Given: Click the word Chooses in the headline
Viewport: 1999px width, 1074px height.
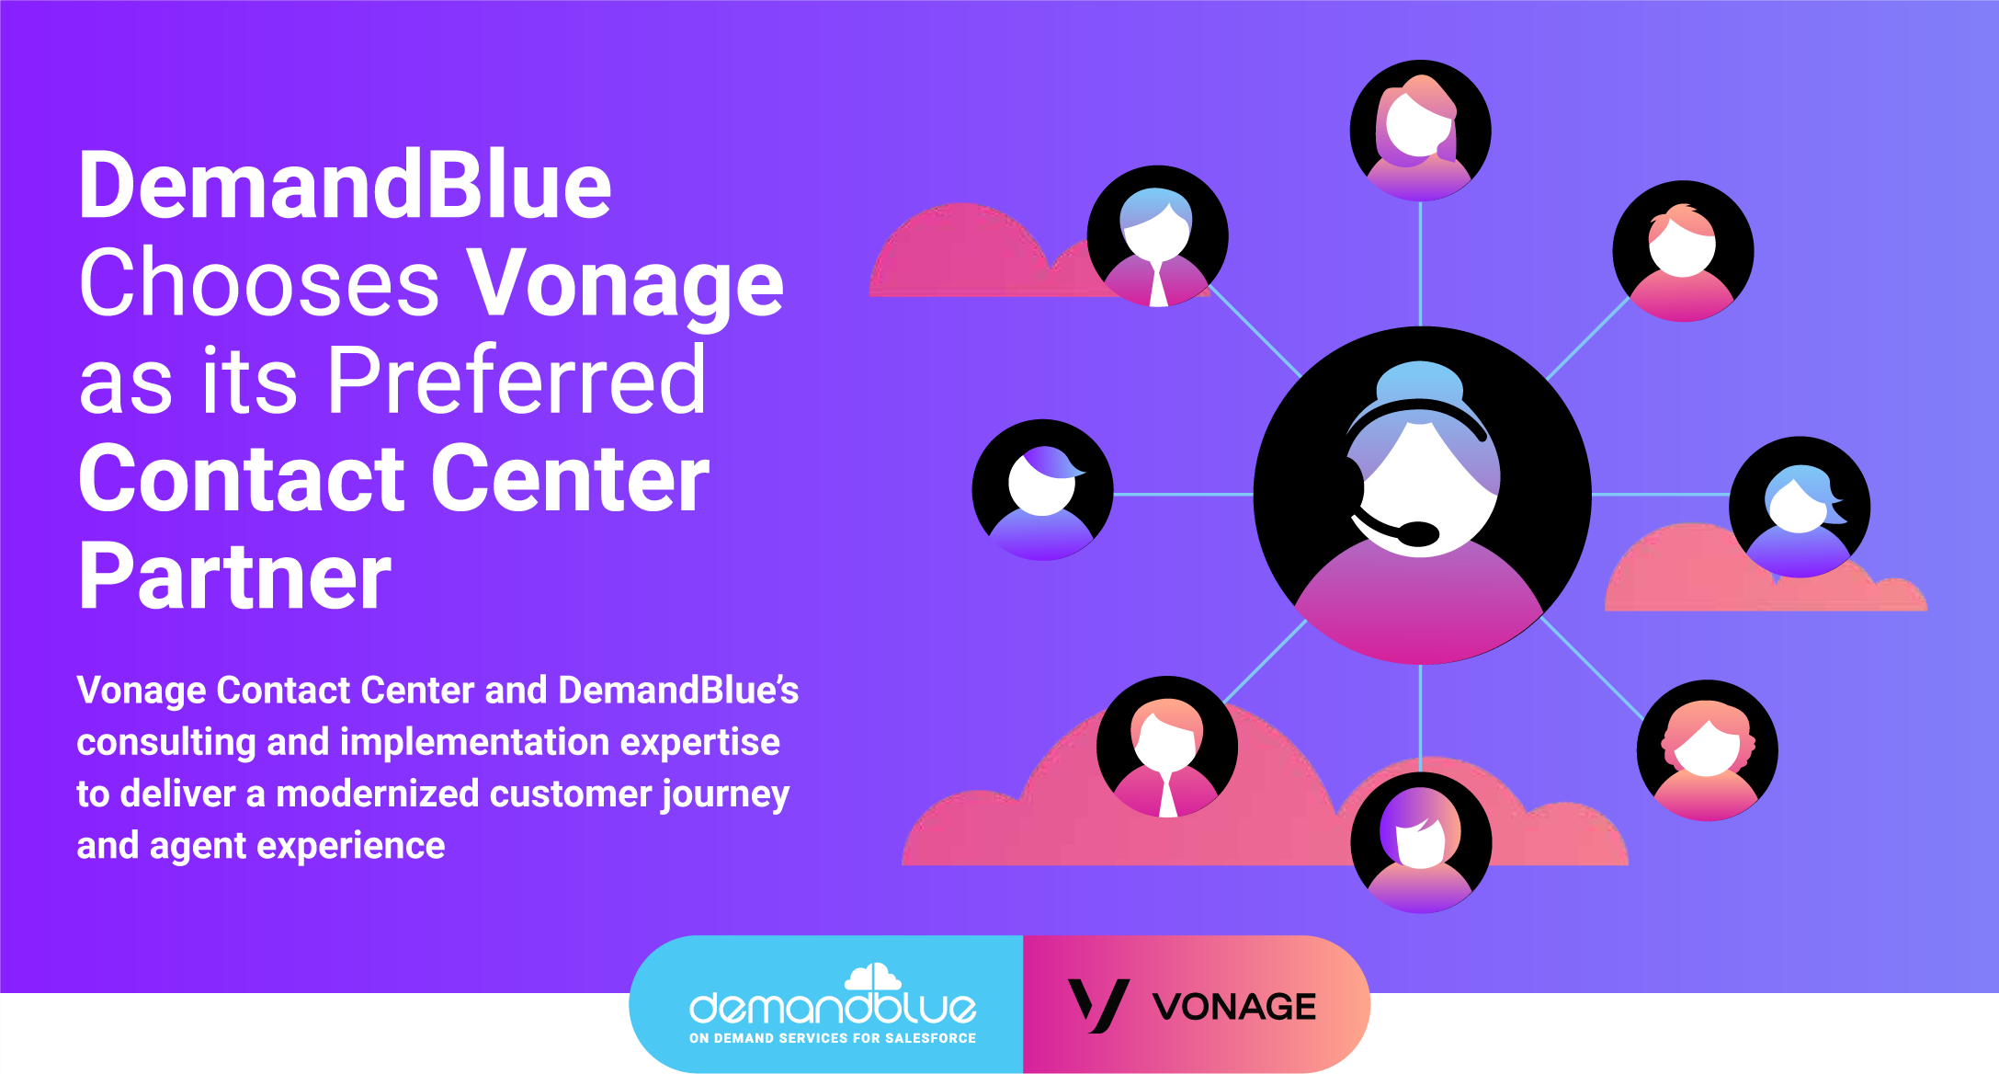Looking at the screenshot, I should click(x=259, y=284).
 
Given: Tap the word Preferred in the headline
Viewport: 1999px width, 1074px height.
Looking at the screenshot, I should click(x=517, y=381).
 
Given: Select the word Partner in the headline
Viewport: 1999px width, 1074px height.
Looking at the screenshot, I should click(x=235, y=577).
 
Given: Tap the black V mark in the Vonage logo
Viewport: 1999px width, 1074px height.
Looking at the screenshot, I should click(x=1097, y=1005).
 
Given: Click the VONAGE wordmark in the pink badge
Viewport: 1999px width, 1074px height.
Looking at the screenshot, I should click(x=1234, y=1007).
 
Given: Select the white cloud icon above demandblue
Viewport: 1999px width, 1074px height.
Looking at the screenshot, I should click(x=872, y=977).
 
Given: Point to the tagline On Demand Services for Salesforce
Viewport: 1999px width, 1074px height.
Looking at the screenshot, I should click(x=833, y=1038).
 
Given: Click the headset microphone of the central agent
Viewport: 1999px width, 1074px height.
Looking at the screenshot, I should click(x=1416, y=532).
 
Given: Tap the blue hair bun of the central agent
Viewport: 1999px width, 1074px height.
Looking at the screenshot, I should click(x=1420, y=379).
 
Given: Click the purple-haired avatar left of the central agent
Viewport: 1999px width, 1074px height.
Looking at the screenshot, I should click(x=1042, y=490).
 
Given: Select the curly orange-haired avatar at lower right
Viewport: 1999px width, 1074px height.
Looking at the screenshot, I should click(x=1707, y=750).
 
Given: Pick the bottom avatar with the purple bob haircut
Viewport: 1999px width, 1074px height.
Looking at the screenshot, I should click(x=1420, y=842).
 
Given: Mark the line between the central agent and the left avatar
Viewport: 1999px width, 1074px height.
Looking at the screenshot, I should click(x=1183, y=495).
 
